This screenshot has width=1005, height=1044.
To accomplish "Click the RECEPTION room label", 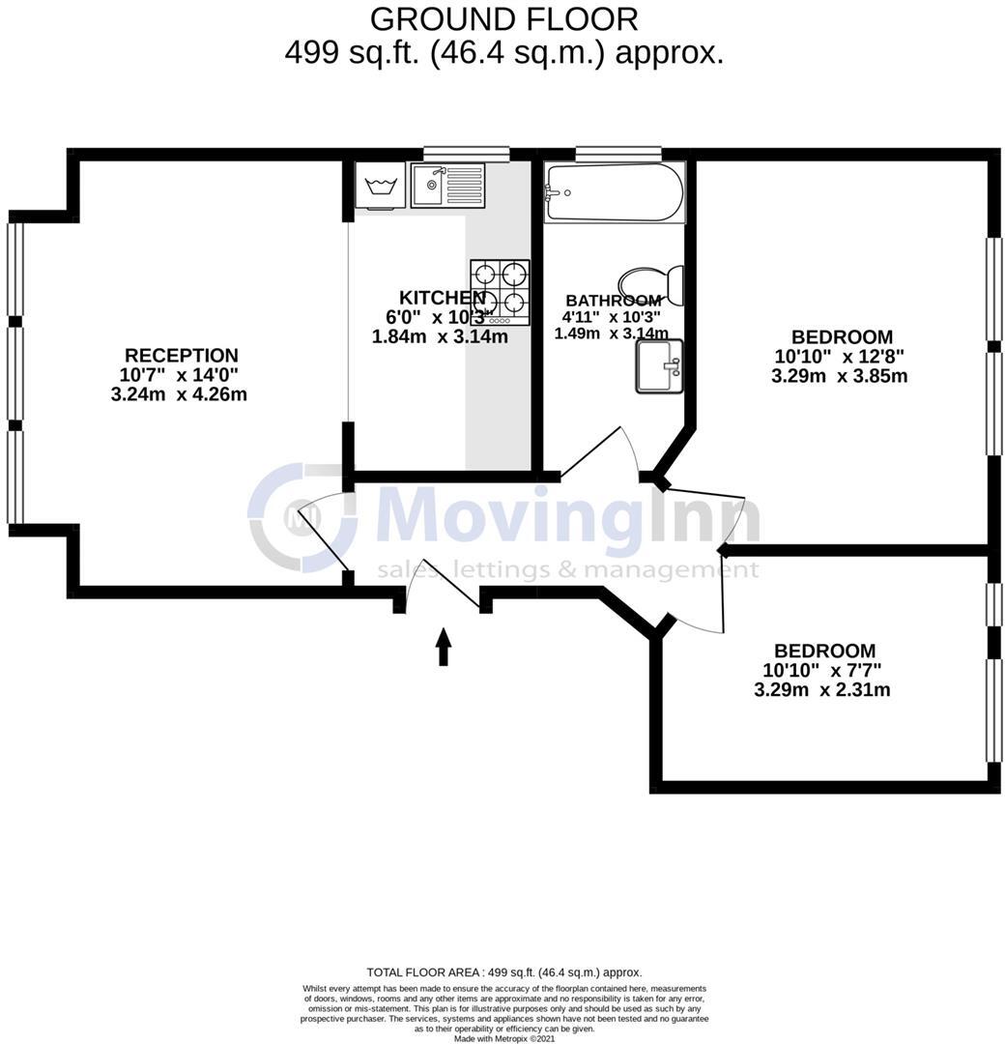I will [181, 356].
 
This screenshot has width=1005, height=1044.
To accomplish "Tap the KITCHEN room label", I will [442, 298].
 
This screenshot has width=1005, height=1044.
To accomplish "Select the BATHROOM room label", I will [613, 301].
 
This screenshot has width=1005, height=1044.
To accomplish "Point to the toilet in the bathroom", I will [652, 282].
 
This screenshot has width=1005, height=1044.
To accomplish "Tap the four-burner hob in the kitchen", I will [500, 291].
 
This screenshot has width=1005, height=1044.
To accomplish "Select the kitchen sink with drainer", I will [446, 185].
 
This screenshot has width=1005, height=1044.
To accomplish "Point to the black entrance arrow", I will [444, 647].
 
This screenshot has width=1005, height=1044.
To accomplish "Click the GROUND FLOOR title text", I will [503, 18].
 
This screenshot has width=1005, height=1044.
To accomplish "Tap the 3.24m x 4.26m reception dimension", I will [179, 394].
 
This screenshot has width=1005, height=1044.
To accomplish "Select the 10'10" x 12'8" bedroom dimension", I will [839, 357].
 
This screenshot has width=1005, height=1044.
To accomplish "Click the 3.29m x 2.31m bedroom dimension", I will [821, 690].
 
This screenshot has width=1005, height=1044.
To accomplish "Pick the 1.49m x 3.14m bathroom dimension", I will [611, 333].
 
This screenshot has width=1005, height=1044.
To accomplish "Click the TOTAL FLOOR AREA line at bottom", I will [503, 972].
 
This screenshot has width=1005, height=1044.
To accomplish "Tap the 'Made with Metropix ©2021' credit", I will [503, 1038].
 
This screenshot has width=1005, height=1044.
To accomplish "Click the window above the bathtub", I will [617, 153].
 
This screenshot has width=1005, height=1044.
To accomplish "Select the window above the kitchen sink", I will [466, 153].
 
